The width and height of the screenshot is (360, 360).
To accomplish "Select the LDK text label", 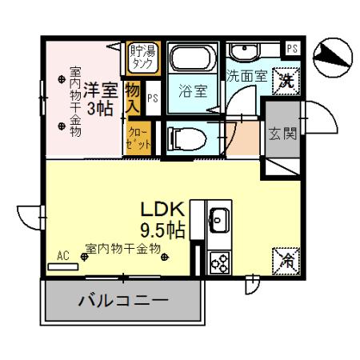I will [x=164, y=210].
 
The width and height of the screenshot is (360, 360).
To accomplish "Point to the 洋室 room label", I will [x=102, y=87].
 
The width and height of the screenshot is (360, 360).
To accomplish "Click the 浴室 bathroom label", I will [x=193, y=91].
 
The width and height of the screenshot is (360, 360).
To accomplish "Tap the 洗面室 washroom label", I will [x=243, y=78].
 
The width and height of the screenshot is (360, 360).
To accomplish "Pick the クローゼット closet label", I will [x=134, y=135].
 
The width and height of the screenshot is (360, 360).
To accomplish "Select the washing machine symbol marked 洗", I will [x=286, y=79].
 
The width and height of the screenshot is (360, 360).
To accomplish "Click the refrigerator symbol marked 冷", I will [x=286, y=258].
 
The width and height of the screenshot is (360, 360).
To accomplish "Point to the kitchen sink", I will [x=218, y=219].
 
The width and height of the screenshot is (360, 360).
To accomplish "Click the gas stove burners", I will [x=218, y=259].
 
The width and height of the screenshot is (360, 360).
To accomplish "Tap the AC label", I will [x=63, y=257].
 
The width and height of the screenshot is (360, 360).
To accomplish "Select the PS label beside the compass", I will [x=293, y=49].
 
